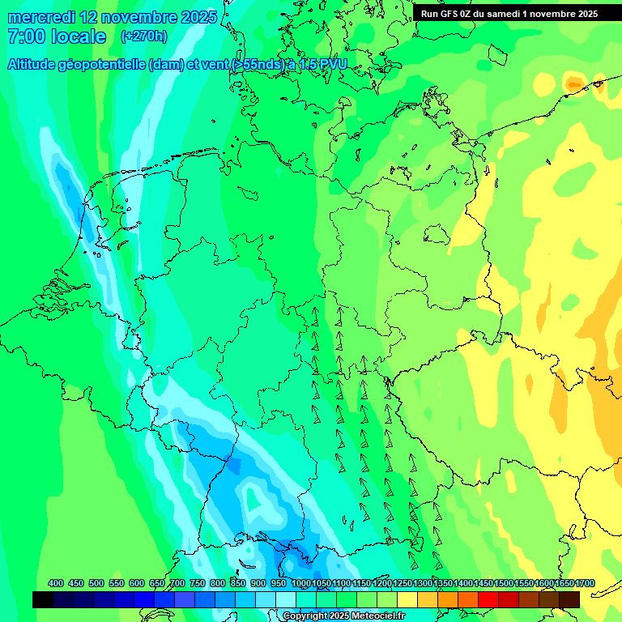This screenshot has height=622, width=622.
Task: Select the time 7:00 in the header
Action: pyautogui.click(x=26, y=36)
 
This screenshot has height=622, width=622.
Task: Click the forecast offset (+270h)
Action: pyautogui.click(x=143, y=36)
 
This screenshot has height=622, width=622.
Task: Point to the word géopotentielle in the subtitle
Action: pyautogui.click(x=101, y=65)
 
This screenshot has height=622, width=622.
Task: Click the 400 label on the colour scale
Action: pyautogui.click(x=56, y=583)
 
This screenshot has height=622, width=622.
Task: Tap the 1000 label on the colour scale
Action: pyautogui.click(x=300, y=583)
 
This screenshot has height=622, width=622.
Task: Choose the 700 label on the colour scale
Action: pyautogui.click(x=177, y=583)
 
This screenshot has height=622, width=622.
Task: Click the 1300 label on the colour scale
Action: pyautogui.click(x=423, y=583)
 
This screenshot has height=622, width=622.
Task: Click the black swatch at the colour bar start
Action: pyautogui.click(x=43, y=599)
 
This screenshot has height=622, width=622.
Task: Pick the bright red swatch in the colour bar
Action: pyautogui.click(x=488, y=599)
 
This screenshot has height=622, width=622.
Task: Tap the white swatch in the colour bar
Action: pyautogui.click(x=286, y=599)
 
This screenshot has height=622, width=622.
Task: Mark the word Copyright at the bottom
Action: pyautogui.click(x=305, y=616)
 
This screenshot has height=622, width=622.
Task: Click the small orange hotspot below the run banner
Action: pyautogui.click(x=574, y=83)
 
